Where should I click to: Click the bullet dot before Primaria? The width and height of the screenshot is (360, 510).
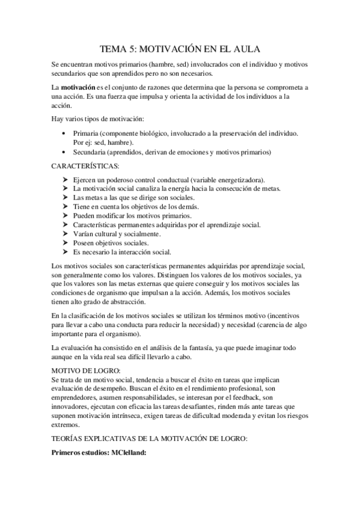pos(65,132)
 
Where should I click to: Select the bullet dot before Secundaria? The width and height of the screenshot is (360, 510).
pos(65,152)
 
